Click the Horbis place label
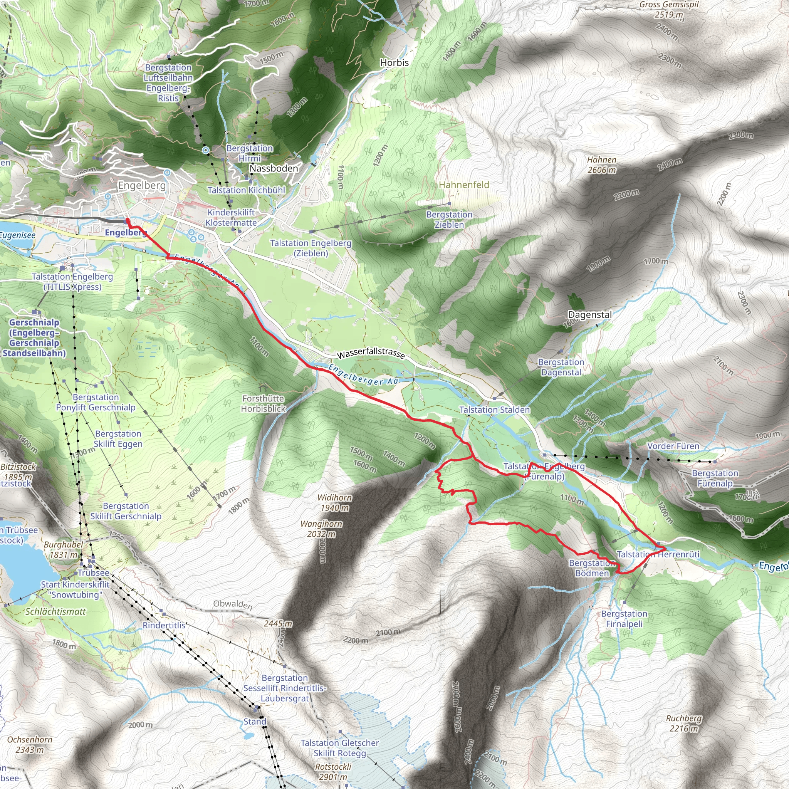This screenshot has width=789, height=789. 394,63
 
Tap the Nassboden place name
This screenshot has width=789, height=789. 274,168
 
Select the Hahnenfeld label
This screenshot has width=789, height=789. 463,185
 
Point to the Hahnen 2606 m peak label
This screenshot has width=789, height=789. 601,165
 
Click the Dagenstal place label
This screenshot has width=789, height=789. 590,314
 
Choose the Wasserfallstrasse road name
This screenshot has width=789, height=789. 371,353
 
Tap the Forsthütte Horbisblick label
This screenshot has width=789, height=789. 263,403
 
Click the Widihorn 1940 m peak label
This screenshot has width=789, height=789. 334,503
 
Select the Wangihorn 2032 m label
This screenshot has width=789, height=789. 321,529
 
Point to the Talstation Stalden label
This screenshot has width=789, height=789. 494,410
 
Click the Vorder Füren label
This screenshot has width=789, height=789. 673,446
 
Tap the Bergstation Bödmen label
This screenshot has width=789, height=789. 592,568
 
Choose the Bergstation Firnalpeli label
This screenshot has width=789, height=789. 624,619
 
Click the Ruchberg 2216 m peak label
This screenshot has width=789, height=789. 684,723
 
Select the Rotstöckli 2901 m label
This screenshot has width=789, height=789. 333,771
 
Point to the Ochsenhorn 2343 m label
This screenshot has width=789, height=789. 29,744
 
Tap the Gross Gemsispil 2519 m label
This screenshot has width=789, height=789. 669,10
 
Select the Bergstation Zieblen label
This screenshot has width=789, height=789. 449,219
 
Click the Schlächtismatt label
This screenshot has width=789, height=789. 55,612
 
